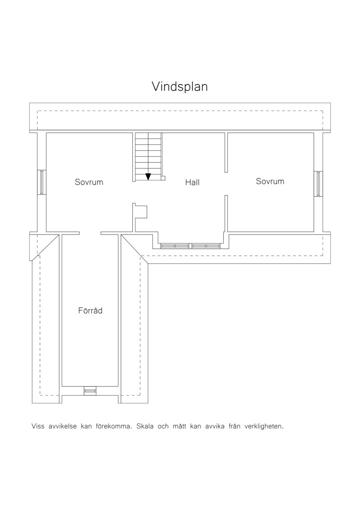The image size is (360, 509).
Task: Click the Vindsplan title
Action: click(x=180, y=87)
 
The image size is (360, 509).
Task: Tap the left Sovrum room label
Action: click(x=89, y=182)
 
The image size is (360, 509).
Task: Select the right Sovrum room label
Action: click(x=270, y=181)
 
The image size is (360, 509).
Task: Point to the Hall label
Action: click(x=192, y=182)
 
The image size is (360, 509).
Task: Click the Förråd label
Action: click(x=90, y=311)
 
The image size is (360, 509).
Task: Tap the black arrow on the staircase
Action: click(x=148, y=176)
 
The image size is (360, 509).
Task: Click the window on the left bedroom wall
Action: click(x=41, y=182)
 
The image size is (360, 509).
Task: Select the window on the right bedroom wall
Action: click(x=319, y=184)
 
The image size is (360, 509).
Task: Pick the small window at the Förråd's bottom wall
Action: click(x=90, y=391)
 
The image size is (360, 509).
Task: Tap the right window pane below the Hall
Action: click(x=206, y=246)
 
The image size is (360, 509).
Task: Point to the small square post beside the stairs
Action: click(x=163, y=178)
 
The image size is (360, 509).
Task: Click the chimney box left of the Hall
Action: click(x=142, y=212)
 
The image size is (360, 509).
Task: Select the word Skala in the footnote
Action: click(x=145, y=426)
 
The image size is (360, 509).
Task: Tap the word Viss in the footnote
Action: click(x=38, y=426)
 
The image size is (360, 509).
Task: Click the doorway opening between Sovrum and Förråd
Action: click(x=90, y=233)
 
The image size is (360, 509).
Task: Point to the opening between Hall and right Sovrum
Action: click(x=226, y=184)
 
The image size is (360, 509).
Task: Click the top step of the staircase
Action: click(x=148, y=136)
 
